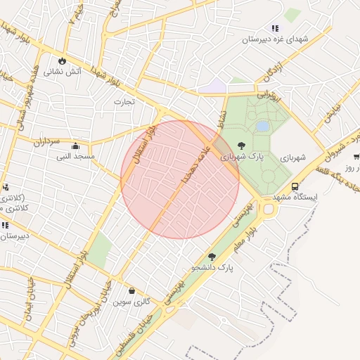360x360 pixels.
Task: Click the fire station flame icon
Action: point(63,60)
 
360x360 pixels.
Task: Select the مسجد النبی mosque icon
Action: point(75,146)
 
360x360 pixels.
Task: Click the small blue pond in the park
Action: point(262,127)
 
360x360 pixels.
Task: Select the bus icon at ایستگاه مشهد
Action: point(294,187)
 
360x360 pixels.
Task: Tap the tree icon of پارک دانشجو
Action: point(212,257)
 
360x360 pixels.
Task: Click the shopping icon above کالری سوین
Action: point(131,290)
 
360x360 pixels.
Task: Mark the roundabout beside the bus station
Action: point(267,207)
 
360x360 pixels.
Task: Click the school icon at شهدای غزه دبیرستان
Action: point(275,28)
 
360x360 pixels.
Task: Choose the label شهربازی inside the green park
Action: point(291,157)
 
